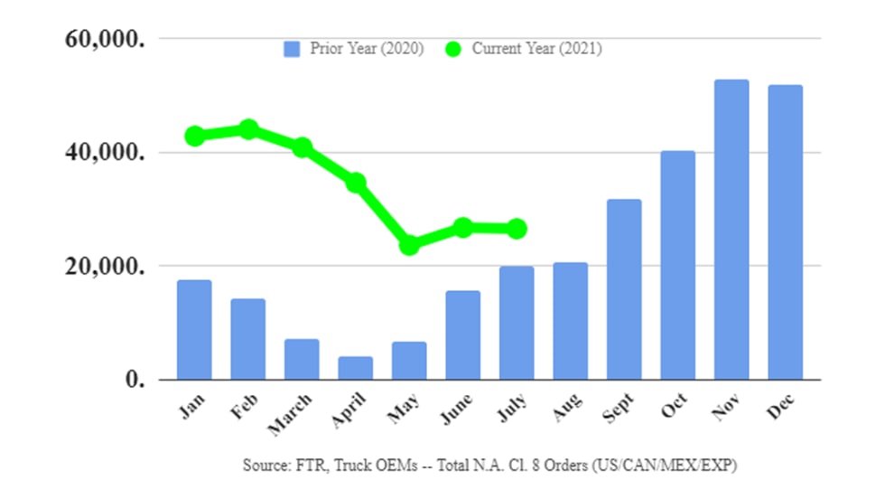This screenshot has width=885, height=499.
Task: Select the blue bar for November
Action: [731, 230]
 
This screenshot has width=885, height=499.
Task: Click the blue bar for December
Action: [785, 232]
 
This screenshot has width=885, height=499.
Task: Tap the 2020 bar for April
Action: [355, 368]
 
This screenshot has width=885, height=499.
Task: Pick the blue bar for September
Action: [624, 289]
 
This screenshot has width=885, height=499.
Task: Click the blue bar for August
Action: [570, 321]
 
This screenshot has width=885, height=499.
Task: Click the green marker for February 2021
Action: [248, 129]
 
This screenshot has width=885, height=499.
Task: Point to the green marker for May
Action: [409, 245]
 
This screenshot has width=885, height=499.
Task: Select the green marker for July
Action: [517, 229]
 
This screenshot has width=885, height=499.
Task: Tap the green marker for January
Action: [194, 136]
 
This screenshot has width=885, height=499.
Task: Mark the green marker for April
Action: [356, 183]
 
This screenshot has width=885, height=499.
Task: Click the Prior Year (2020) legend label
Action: [367, 49]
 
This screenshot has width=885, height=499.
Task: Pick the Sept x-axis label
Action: [617, 409]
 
